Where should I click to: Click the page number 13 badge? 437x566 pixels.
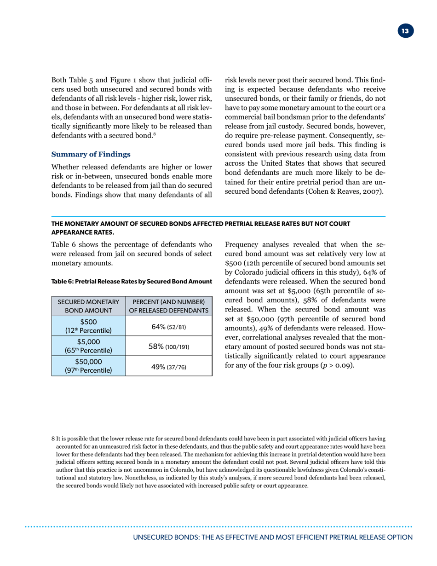coord(404,31)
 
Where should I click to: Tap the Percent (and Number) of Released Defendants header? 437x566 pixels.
coord(168,306)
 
